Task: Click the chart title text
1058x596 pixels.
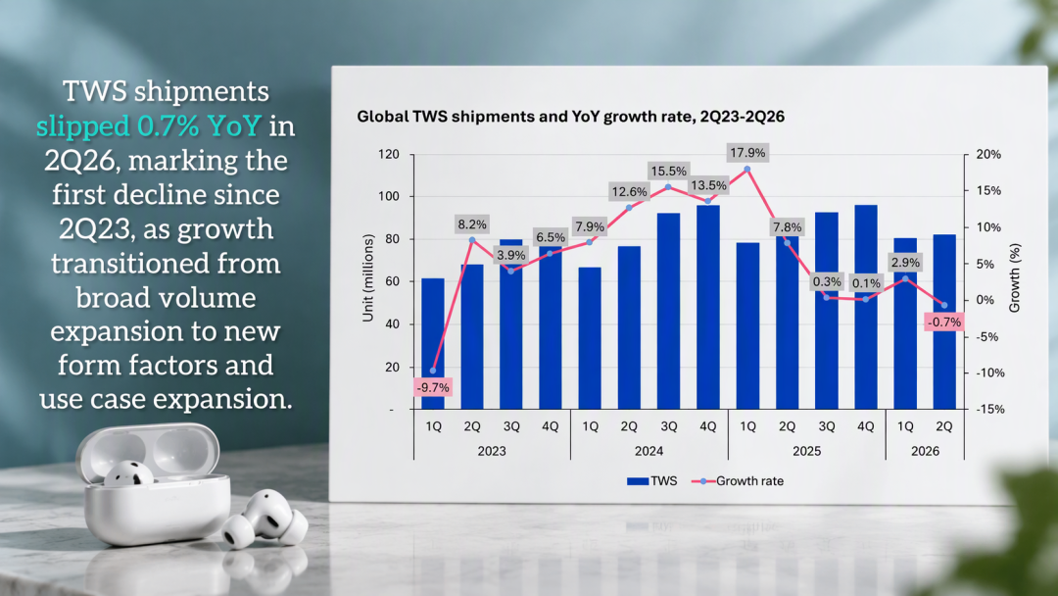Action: pos(571,117)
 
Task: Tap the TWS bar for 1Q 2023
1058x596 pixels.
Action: pos(433,343)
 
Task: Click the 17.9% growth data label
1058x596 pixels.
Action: pos(747,153)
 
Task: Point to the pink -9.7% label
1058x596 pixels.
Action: pos(433,387)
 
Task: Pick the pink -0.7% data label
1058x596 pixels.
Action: pos(944,322)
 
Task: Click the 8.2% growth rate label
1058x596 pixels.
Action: pos(472,224)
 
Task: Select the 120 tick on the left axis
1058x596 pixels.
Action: pos(389,154)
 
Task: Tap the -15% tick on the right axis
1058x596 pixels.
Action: pos(989,409)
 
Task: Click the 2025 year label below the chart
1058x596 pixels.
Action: pos(806,451)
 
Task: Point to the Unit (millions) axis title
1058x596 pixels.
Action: pos(367,278)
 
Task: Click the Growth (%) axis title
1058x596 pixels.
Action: pos(1014,278)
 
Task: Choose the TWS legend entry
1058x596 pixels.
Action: pos(651,481)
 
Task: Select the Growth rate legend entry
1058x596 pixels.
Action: pos(738,481)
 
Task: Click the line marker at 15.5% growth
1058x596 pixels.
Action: pos(669,187)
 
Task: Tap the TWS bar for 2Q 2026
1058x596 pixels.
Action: pos(944,322)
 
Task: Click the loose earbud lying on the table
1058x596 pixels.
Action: pos(264,519)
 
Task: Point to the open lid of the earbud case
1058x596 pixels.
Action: pos(149,451)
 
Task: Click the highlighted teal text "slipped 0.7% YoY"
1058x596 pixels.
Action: pos(149,125)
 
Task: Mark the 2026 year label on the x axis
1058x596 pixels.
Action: pos(925,451)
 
